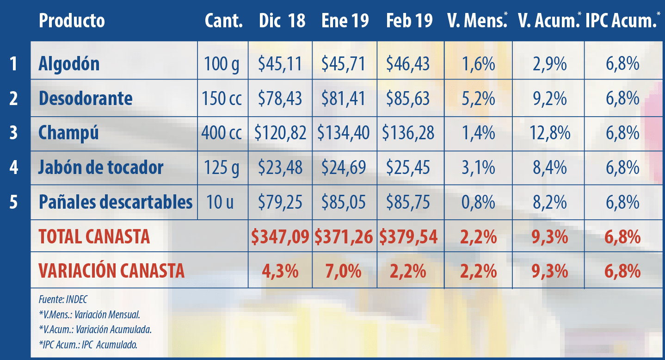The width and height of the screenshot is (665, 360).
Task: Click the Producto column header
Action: click(x=72, y=21)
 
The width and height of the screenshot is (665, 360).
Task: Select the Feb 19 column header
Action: click(x=409, y=21)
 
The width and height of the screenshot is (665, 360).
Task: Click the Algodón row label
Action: click(x=69, y=64)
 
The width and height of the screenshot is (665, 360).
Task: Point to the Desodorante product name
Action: click(x=86, y=99)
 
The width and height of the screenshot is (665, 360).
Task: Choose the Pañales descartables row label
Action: click(x=116, y=202)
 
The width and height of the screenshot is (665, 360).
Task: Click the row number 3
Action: click(x=13, y=133)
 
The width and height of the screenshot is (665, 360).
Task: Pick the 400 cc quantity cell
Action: click(x=222, y=133)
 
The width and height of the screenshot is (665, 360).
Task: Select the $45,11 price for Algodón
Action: click(x=280, y=64)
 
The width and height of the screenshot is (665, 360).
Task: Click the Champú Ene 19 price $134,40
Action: click(x=344, y=133)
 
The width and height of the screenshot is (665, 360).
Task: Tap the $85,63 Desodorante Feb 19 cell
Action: click(x=408, y=99)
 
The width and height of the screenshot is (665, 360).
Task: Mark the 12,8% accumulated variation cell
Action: click(x=549, y=133)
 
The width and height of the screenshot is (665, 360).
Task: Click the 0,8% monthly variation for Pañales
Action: click(x=479, y=202)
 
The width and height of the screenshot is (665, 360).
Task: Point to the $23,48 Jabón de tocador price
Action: click(x=280, y=168)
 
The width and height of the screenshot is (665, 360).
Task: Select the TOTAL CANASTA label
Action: click(x=94, y=237)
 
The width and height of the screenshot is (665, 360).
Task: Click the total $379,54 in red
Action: click(x=408, y=237)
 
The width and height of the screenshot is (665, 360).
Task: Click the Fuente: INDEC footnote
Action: click(x=63, y=299)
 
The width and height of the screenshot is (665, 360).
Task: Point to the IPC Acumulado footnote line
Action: click(x=88, y=344)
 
